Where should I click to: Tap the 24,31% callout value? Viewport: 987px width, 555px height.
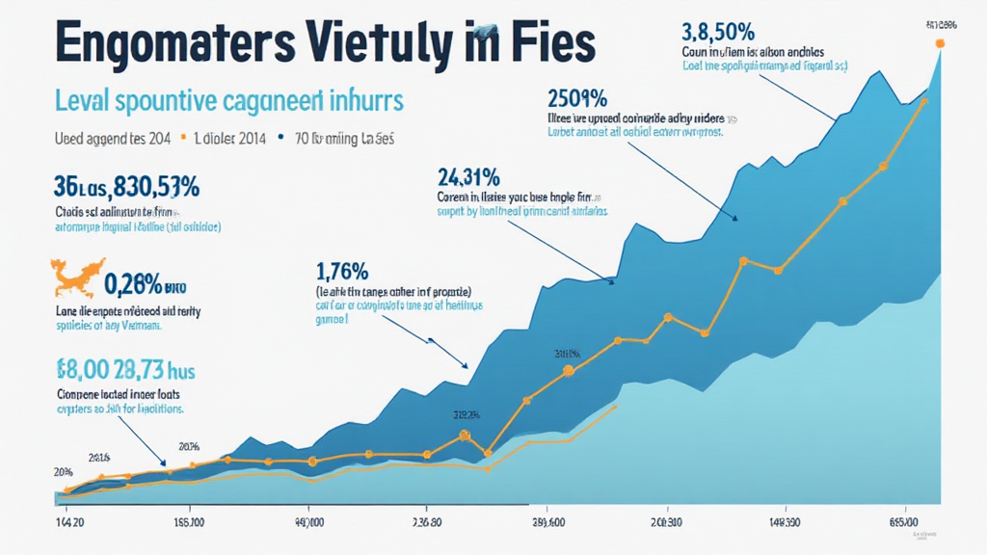(x=467, y=176)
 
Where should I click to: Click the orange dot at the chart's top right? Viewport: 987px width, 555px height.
(x=941, y=43)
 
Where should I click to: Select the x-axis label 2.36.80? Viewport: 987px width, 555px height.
(x=427, y=523)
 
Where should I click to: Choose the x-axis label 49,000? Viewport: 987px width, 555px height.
(x=308, y=523)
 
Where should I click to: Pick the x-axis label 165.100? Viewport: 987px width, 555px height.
(x=189, y=523)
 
